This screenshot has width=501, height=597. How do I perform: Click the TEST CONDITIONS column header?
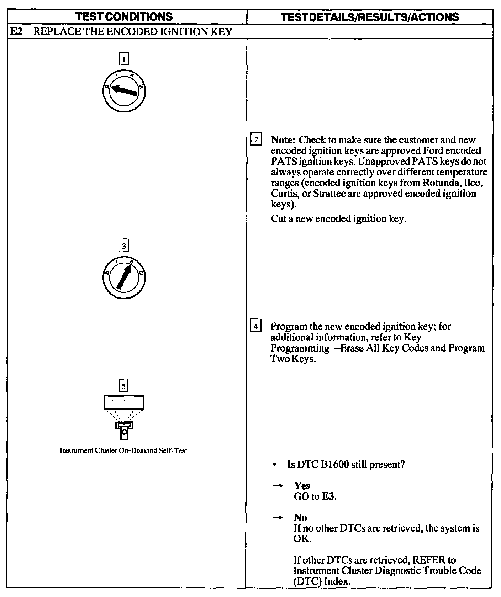pyautogui.click(x=125, y=17)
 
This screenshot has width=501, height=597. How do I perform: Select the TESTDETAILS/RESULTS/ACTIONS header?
pyautogui.click(x=370, y=17)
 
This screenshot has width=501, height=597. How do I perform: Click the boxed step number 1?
pyautogui.click(x=123, y=59)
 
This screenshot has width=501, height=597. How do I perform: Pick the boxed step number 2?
pyautogui.click(x=256, y=139)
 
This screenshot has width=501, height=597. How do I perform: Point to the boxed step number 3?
pyautogui.click(x=123, y=246)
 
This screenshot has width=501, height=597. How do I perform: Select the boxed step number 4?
pyautogui.click(x=256, y=326)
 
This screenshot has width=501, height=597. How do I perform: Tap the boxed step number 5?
pyautogui.click(x=123, y=386)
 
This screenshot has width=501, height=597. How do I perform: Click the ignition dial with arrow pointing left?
pyautogui.click(x=124, y=90)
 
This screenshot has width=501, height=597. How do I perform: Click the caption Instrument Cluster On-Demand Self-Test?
pyautogui.click(x=123, y=450)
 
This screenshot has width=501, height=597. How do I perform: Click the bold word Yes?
pyautogui.click(x=302, y=486)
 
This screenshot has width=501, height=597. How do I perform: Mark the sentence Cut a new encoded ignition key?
pyautogui.click(x=338, y=218)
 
